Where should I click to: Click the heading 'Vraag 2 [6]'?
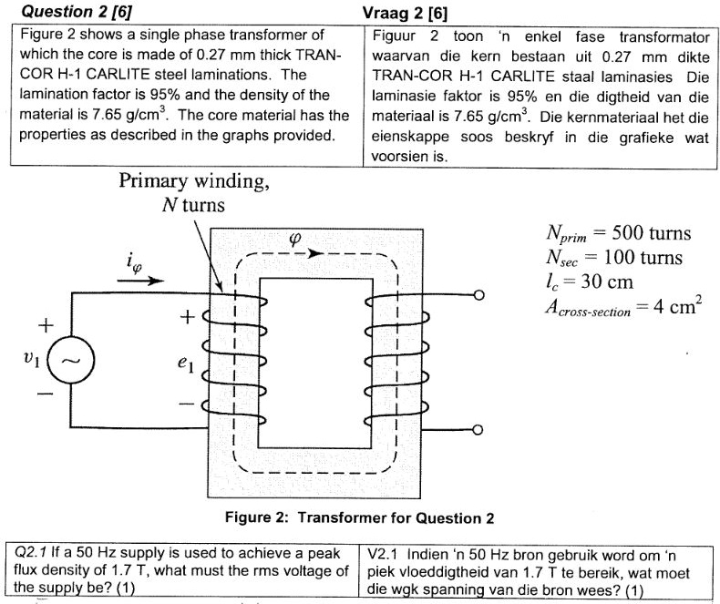click(x=411, y=11)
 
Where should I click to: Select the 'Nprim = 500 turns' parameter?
click(x=616, y=233)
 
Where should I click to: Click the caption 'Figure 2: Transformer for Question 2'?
click(x=360, y=518)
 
